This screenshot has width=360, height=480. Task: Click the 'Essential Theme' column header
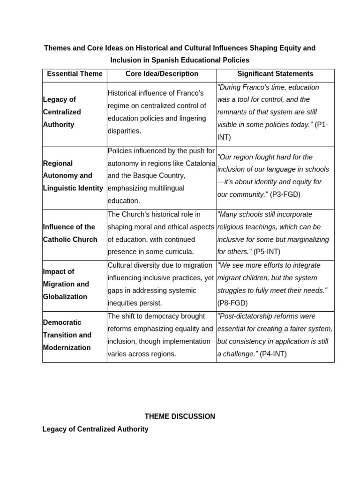(x=75, y=74)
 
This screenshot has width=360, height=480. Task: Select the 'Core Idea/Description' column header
(x=162, y=74)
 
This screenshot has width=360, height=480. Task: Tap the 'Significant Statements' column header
(x=275, y=74)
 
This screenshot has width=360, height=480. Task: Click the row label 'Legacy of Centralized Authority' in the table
(x=62, y=112)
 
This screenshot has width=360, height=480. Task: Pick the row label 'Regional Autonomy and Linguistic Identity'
(x=73, y=176)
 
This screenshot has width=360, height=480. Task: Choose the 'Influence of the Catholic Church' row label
(x=70, y=233)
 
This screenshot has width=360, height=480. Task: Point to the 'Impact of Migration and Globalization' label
(x=65, y=284)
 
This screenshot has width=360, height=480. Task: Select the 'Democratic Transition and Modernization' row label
(x=67, y=335)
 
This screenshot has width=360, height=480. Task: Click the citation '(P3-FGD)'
(x=285, y=195)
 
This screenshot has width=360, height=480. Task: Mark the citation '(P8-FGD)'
(x=232, y=303)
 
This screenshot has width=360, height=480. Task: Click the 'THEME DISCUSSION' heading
(x=180, y=416)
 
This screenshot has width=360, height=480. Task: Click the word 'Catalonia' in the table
(x=201, y=164)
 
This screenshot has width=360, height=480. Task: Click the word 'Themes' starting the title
(x=55, y=48)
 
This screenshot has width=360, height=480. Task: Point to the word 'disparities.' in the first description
(x=124, y=131)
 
